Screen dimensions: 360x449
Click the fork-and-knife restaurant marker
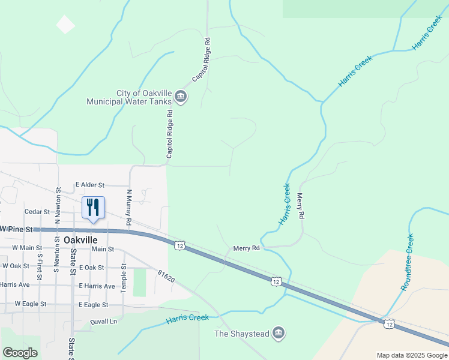pyautogui.click(x=92, y=208)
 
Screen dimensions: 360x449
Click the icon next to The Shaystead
pyautogui.click(x=278, y=333)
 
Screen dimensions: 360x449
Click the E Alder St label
pyautogui.click(x=90, y=185)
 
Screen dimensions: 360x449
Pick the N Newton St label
pyautogui.click(x=58, y=206)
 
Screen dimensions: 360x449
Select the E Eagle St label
pyautogui.click(x=93, y=305)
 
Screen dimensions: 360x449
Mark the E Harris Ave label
pyautogui.click(x=96, y=286)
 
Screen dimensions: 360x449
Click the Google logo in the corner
pyautogui.click(x=20, y=353)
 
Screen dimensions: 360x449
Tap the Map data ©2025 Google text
pyautogui.click(x=411, y=355)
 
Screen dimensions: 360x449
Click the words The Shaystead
pyautogui.click(x=242, y=334)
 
